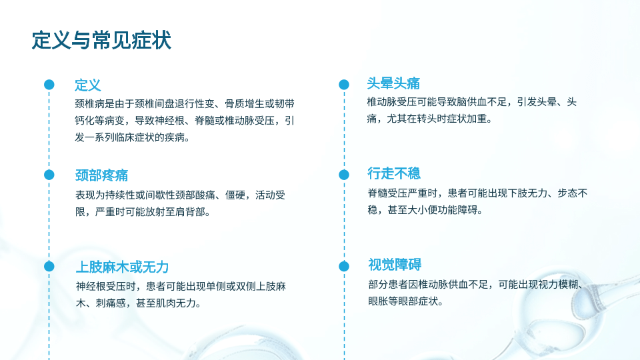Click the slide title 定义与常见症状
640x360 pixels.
[101, 40]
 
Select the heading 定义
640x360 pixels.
[88, 85]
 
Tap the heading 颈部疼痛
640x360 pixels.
[101, 175]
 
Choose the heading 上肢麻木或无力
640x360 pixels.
[122, 267]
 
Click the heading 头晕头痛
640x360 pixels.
[393, 83]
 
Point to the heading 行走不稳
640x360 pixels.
[394, 173]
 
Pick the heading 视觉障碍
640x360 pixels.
[395, 265]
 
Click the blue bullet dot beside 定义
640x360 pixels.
[49, 85]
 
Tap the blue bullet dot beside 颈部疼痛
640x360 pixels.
[49, 175]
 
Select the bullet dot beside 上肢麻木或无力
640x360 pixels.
[49, 266]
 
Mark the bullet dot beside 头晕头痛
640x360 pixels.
[344, 85]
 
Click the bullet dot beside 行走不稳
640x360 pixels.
[344, 175]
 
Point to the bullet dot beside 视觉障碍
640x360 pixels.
[344, 266]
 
